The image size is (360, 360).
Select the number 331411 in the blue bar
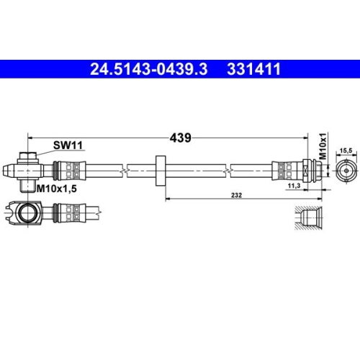click(x=253, y=70)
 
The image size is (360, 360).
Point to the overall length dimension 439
click(x=180, y=138)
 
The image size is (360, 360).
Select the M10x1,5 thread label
click(x=58, y=189)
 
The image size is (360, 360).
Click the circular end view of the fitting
click(x=344, y=170)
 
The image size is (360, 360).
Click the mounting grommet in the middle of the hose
click(x=160, y=170)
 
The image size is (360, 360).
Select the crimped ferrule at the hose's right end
click(x=284, y=170)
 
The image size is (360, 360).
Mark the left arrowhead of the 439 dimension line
click(x=30, y=134)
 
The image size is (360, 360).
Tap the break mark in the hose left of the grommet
click(x=125, y=170)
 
